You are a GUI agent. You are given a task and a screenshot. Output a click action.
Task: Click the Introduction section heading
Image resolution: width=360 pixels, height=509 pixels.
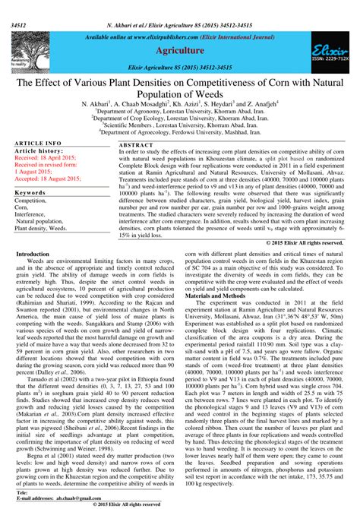coord(33,254)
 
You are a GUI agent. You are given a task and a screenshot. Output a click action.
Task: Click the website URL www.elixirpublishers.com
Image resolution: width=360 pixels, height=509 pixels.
coord(156,36)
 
